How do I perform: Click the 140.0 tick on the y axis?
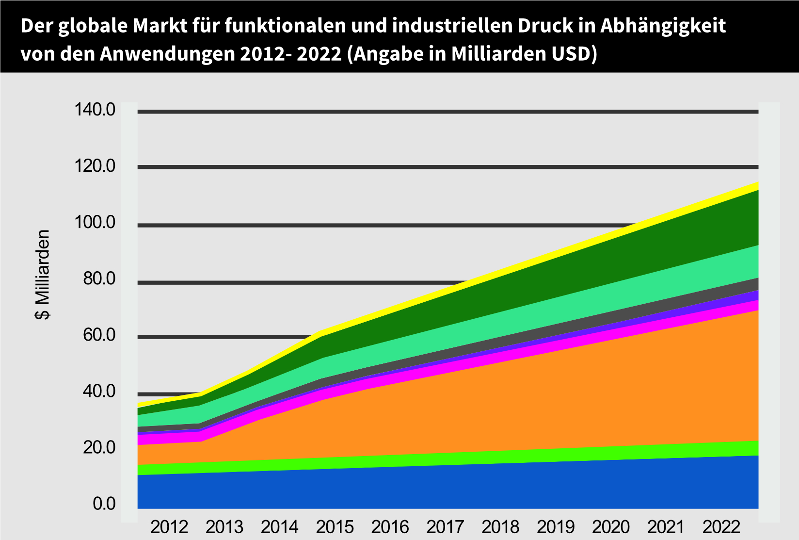(95, 110)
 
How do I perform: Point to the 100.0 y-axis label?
(95, 223)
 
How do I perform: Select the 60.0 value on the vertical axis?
(99, 335)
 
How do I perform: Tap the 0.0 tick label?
(104, 504)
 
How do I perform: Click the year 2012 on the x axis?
(169, 527)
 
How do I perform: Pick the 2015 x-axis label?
(335, 527)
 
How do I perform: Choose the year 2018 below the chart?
(500, 527)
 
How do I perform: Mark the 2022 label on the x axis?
(721, 527)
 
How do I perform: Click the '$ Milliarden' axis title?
(43, 275)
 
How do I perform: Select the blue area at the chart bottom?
(436, 488)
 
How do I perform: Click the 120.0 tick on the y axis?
(95, 166)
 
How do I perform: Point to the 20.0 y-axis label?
(99, 447)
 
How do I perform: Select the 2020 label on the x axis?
(611, 527)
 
